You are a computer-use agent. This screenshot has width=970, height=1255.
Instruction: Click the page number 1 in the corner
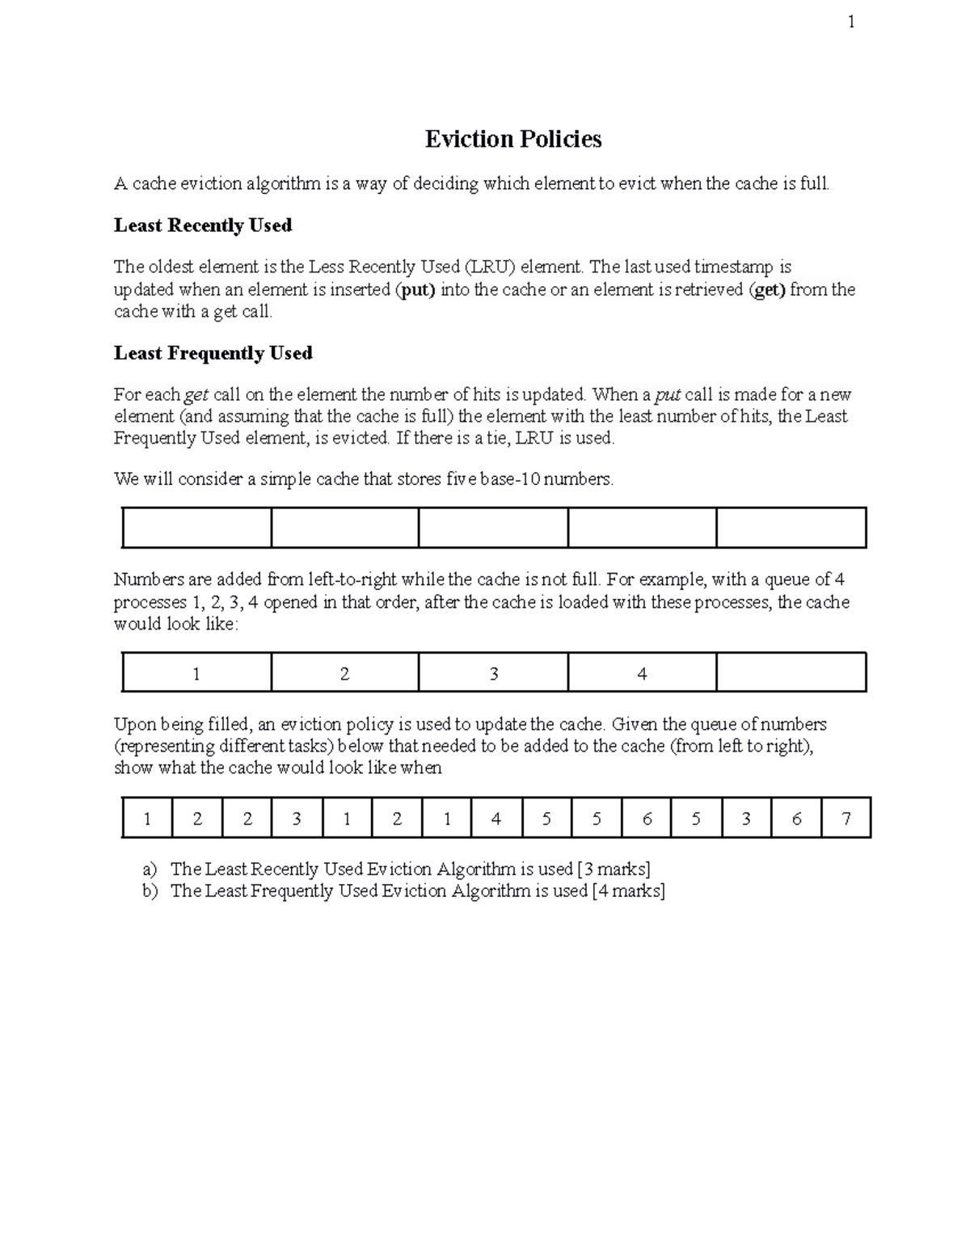click(850, 23)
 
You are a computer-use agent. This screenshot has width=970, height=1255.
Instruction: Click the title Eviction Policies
click(513, 140)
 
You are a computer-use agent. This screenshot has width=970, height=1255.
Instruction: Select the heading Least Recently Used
click(203, 225)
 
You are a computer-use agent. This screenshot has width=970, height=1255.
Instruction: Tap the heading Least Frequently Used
click(213, 353)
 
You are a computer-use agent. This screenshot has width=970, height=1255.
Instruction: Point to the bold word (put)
click(415, 290)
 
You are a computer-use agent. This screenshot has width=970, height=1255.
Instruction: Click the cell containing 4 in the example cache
click(642, 673)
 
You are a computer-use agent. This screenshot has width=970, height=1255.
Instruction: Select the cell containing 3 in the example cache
click(493, 673)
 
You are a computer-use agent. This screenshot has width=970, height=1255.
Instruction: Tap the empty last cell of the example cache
click(791, 673)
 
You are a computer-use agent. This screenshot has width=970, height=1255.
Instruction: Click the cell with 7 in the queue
click(846, 819)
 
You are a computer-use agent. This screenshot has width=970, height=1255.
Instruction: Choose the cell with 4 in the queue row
click(496, 819)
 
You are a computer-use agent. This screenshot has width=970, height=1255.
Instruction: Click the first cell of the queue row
click(147, 819)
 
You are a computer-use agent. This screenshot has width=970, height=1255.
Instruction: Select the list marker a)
click(149, 870)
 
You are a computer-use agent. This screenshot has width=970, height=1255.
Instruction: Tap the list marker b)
click(150, 891)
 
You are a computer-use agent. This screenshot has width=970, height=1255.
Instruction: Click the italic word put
click(668, 395)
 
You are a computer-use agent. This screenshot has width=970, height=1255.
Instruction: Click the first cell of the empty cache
click(196, 528)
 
